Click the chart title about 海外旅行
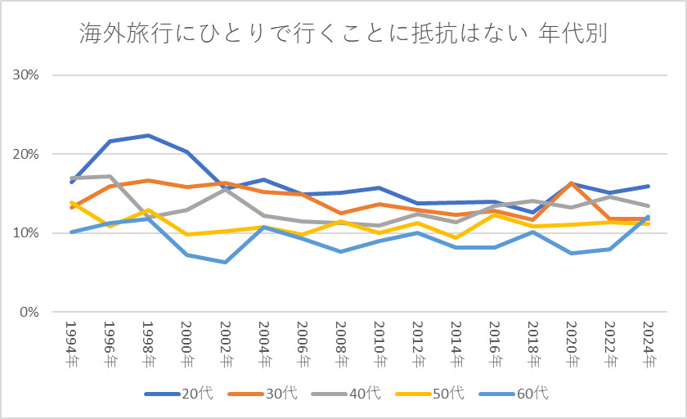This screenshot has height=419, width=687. [343, 34]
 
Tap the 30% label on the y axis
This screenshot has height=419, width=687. [25, 74]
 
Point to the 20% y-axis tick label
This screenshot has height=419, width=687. [25, 154]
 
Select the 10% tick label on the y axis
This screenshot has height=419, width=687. [25, 233]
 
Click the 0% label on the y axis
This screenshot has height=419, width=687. [29, 313]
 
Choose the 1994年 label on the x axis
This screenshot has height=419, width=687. [71, 344]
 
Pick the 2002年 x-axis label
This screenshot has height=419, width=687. [225, 344]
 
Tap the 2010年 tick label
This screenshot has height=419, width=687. [379, 344]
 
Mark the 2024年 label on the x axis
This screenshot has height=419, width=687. [648, 344]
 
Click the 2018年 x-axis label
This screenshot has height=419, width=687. [532, 344]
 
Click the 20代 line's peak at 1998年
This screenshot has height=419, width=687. [148, 135]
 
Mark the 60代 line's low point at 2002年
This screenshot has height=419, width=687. [225, 262]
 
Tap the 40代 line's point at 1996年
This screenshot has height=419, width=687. [110, 176]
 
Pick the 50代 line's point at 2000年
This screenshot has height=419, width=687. [186, 235]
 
